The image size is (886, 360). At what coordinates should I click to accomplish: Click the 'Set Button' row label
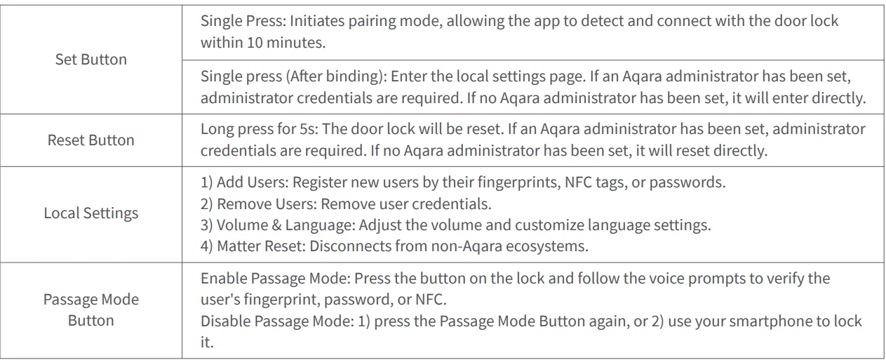[91, 60]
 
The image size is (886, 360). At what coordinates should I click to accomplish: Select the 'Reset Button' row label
[91, 140]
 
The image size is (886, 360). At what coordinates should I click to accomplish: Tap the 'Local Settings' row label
[91, 213]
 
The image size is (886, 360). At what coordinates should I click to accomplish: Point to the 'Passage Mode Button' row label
[91, 309]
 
